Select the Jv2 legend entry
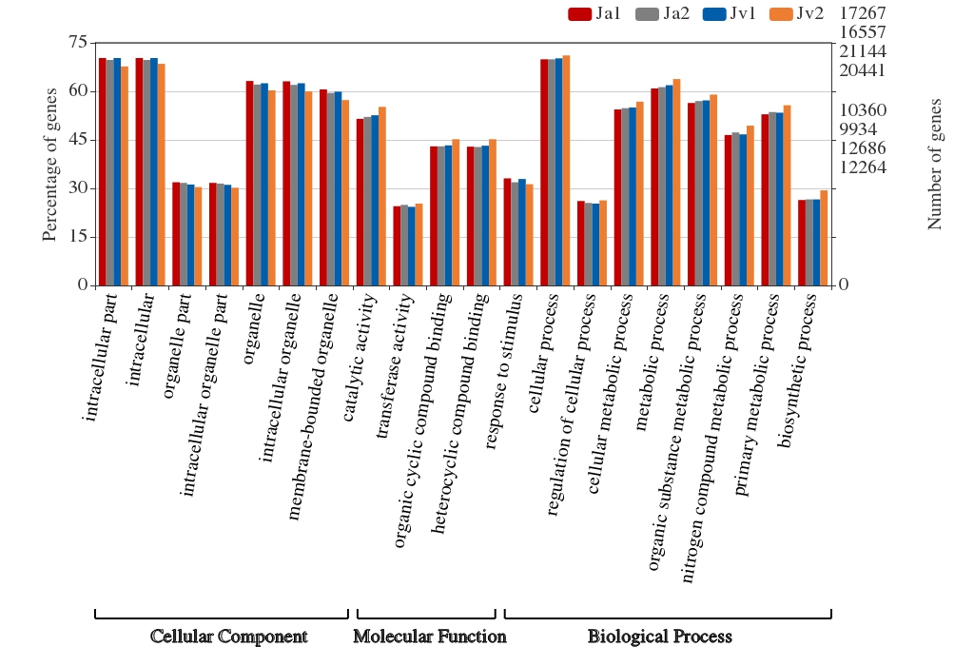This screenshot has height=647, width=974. [x=796, y=13]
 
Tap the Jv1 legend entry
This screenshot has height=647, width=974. [x=730, y=13]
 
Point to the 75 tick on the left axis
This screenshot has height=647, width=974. [x=78, y=43]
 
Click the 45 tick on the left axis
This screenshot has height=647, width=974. [x=78, y=140]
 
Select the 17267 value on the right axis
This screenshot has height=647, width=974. [x=863, y=13]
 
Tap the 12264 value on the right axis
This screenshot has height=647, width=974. [x=863, y=167]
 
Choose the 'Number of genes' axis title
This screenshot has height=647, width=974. [x=934, y=164]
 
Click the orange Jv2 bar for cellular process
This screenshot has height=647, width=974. [x=566, y=171]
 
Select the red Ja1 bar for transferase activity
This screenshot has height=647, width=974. [x=397, y=246]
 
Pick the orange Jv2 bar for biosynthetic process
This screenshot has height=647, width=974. [x=824, y=238]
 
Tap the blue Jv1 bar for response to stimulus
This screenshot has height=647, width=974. [x=522, y=232]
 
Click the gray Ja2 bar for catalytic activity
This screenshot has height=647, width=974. [x=368, y=202]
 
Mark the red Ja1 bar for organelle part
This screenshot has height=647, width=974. [x=176, y=234]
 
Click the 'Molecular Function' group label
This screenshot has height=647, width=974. [x=430, y=637]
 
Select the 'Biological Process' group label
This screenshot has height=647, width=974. [x=660, y=637]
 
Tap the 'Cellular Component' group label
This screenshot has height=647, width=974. [x=228, y=637]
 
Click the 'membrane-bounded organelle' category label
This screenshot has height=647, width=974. [x=313, y=406]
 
